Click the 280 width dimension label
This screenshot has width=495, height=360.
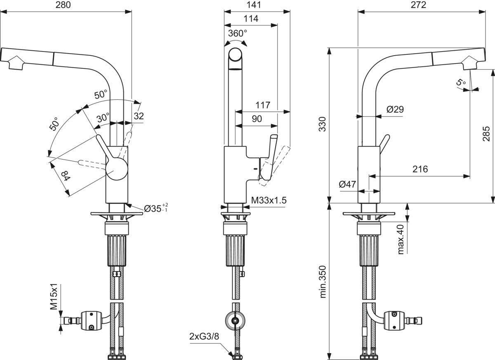coord(63,5)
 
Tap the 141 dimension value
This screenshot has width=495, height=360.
coord(254,5)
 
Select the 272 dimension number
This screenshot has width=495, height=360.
coord(418,5)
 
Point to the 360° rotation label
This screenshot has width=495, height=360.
coord(238,33)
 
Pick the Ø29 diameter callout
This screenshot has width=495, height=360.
coord(395,109)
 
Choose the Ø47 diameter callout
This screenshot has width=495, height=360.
coord(348,184)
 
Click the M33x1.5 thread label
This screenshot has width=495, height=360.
coord(269,200)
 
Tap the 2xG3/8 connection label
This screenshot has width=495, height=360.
coord(204,336)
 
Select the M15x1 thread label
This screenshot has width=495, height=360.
coord(54,296)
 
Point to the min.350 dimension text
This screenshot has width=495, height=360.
coord(323,282)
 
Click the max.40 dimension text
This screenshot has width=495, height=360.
coord(400,239)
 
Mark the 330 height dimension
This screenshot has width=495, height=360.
coord(323,124)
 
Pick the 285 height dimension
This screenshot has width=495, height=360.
coord(486,134)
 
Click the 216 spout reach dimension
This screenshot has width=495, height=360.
coord(420,169)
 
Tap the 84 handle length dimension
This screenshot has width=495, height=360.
coord(66,176)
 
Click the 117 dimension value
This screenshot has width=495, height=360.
coord(263,105)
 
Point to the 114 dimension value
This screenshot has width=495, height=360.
coord(251,19)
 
